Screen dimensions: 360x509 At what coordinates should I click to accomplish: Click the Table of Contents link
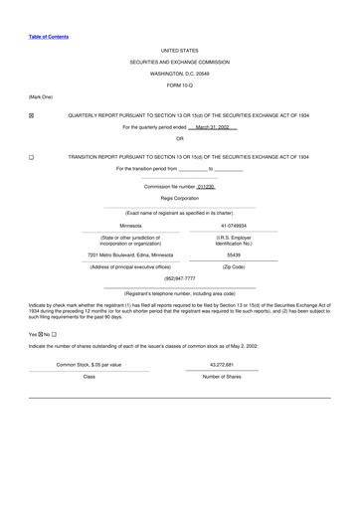point(49,37)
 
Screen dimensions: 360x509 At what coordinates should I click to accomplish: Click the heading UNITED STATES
point(179,50)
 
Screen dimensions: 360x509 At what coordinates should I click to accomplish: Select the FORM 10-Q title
point(179,85)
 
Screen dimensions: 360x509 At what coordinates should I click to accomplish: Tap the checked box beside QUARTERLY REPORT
point(32,116)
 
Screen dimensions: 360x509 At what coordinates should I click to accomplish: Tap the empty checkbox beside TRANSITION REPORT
point(32,157)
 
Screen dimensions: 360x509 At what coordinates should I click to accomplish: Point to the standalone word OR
point(179,138)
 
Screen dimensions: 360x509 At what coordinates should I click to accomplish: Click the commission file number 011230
point(206,186)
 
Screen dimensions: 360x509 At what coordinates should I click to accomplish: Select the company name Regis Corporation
point(179,198)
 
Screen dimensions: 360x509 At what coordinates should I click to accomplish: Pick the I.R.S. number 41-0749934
point(234,226)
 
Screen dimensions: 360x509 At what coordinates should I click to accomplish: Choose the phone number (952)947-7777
point(179,278)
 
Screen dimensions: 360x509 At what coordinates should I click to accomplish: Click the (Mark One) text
point(41,96)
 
